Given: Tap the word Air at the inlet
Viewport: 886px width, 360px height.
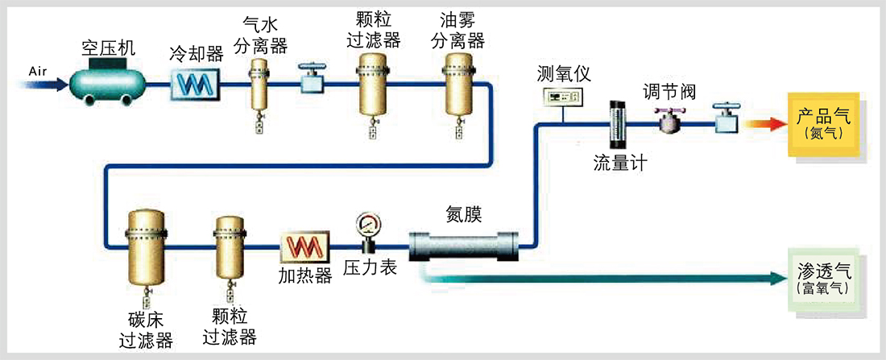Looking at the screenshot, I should coord(39,71).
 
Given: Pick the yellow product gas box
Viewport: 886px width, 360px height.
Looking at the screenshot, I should coord(822,124).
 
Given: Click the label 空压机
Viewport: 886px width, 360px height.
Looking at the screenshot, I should coord(109,48).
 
